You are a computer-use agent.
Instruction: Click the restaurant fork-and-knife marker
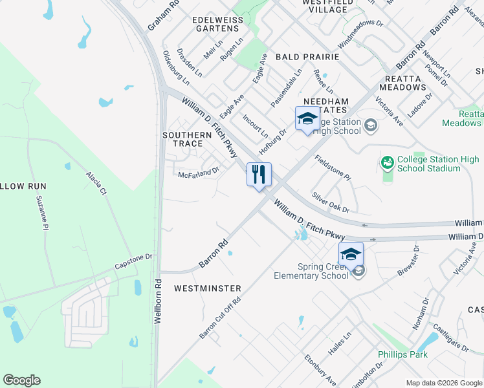click(259, 175)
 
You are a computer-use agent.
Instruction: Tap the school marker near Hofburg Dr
click(307, 118)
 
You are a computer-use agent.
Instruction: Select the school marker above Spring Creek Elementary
click(351, 253)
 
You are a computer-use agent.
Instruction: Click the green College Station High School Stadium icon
click(388, 162)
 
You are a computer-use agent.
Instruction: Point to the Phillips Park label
click(402, 354)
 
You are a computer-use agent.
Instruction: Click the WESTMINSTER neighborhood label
click(207, 288)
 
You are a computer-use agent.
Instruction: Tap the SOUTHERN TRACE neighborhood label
click(187, 139)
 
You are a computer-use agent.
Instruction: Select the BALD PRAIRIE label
click(307, 57)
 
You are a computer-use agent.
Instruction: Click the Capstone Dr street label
click(133, 261)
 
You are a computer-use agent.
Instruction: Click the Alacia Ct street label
click(95, 184)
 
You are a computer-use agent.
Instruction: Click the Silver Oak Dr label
click(330, 202)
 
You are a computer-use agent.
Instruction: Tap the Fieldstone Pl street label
click(333, 167)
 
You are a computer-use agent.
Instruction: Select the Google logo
click(21, 380)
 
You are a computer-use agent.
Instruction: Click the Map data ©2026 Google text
click(444, 383)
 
